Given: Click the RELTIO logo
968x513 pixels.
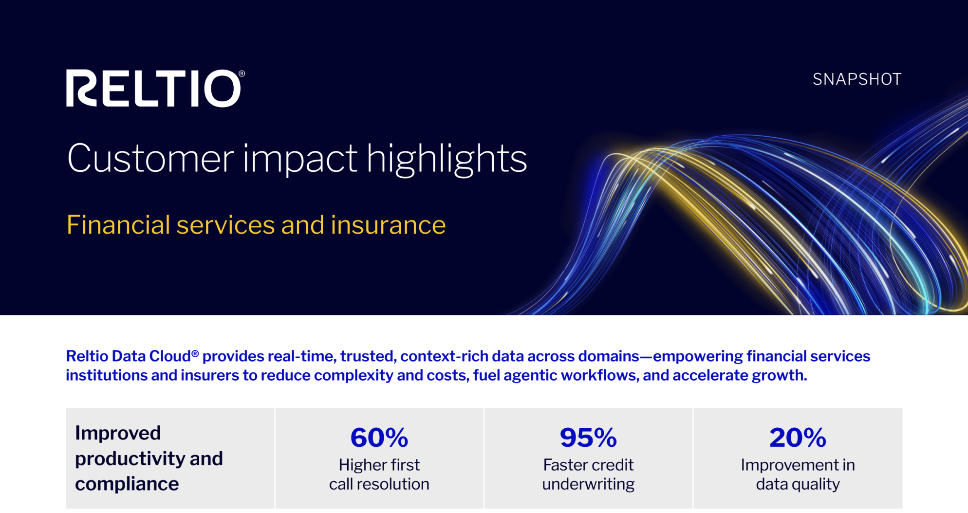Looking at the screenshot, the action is pyautogui.click(x=155, y=88).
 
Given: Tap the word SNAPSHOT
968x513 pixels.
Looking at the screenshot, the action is pyautogui.click(x=857, y=79).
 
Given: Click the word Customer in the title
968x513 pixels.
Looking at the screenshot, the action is pyautogui.click(x=150, y=158).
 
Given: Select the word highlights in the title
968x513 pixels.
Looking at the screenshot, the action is pyautogui.click(x=447, y=159).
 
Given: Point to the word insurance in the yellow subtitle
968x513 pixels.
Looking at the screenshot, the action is pyautogui.click(x=388, y=225).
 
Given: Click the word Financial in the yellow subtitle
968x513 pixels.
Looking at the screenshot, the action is pyautogui.click(x=118, y=225).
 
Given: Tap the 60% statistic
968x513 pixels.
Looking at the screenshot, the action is pyautogui.click(x=379, y=437).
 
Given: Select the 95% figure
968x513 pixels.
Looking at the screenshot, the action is pyautogui.click(x=588, y=437).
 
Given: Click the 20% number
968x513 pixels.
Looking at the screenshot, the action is pyautogui.click(x=798, y=437).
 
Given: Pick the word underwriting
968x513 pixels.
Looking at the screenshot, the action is pyautogui.click(x=588, y=484).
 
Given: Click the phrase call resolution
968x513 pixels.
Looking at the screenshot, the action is pyautogui.click(x=379, y=484).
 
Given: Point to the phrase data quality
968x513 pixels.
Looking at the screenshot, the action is pyautogui.click(x=798, y=484).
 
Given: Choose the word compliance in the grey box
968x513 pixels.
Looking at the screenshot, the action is pyautogui.click(x=127, y=484).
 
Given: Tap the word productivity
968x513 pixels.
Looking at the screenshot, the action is pyautogui.click(x=130, y=459).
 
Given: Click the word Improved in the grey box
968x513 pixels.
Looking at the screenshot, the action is pyautogui.click(x=118, y=433).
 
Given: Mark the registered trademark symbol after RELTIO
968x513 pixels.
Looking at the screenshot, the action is pyautogui.click(x=242, y=73).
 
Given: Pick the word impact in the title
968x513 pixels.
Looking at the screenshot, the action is pyautogui.click(x=300, y=159).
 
